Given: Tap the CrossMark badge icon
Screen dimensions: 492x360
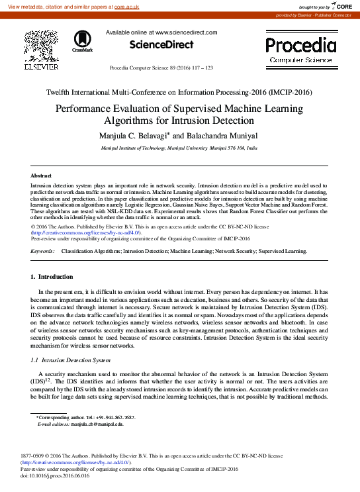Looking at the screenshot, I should point(83,40).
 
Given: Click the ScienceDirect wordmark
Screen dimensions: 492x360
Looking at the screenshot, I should point(161,45).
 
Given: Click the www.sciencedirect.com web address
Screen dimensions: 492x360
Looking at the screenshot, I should point(186,32).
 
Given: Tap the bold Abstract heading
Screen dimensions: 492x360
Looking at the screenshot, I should point(41,175).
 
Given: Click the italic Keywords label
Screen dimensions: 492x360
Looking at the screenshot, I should point(43,252).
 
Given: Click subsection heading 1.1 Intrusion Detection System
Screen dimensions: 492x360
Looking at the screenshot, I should point(70,360).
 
